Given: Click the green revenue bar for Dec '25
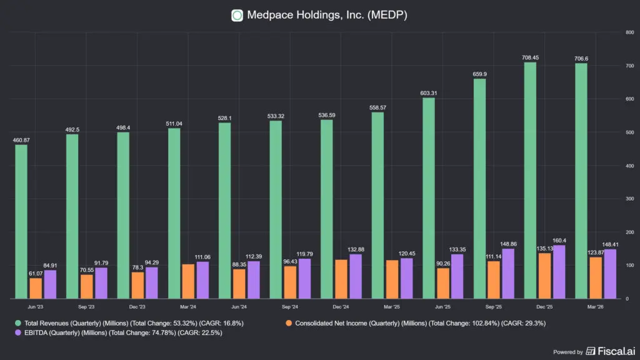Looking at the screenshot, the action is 530,180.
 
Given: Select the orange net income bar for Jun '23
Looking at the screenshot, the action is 36,288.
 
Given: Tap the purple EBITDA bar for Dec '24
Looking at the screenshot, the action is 356,276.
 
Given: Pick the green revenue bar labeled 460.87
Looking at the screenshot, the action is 21,222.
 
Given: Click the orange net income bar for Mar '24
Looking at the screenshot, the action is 188,281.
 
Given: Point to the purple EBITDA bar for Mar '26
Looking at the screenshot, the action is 610,274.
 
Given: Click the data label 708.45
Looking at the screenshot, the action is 530,57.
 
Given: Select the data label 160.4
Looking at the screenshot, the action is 559,241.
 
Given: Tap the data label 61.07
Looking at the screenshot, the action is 36,274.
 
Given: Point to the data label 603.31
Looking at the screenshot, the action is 429,93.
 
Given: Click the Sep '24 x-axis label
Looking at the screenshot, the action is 290,306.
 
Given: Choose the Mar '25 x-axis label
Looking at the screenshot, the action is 392,306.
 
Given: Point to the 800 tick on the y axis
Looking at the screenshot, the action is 630,32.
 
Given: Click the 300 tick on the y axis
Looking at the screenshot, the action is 630,199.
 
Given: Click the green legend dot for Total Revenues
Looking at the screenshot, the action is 18,323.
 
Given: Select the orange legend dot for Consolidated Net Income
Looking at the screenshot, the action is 289,323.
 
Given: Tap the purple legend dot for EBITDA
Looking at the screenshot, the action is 18,332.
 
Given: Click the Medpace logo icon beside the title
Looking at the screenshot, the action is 237,16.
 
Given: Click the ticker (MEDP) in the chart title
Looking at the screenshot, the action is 387,15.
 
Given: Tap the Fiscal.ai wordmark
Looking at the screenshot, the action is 616,351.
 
